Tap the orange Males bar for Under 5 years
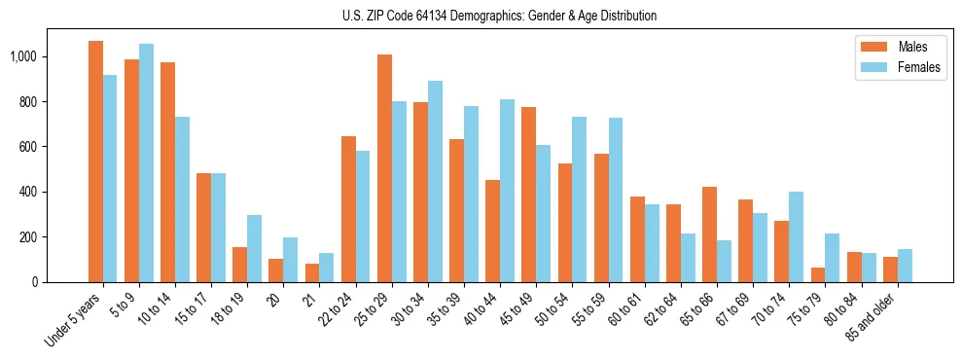[x=95, y=162]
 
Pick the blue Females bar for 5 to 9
[x=146, y=162]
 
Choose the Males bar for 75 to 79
[x=817, y=274]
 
